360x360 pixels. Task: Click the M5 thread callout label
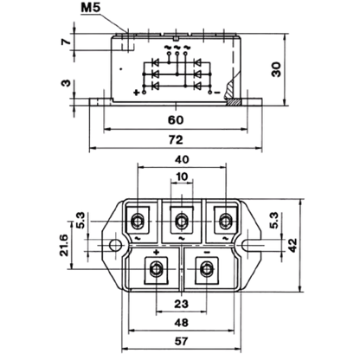(x=91, y=8)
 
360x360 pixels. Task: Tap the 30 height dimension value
(x=277, y=69)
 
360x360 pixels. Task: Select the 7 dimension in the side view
(x=66, y=42)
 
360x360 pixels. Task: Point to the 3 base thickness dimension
(x=66, y=83)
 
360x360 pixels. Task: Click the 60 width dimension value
(x=176, y=120)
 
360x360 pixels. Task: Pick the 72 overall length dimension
(x=176, y=140)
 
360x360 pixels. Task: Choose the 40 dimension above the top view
(x=182, y=159)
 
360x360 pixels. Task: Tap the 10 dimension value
(x=182, y=177)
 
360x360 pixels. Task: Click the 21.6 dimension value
(x=64, y=245)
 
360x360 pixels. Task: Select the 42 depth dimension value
(x=292, y=245)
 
